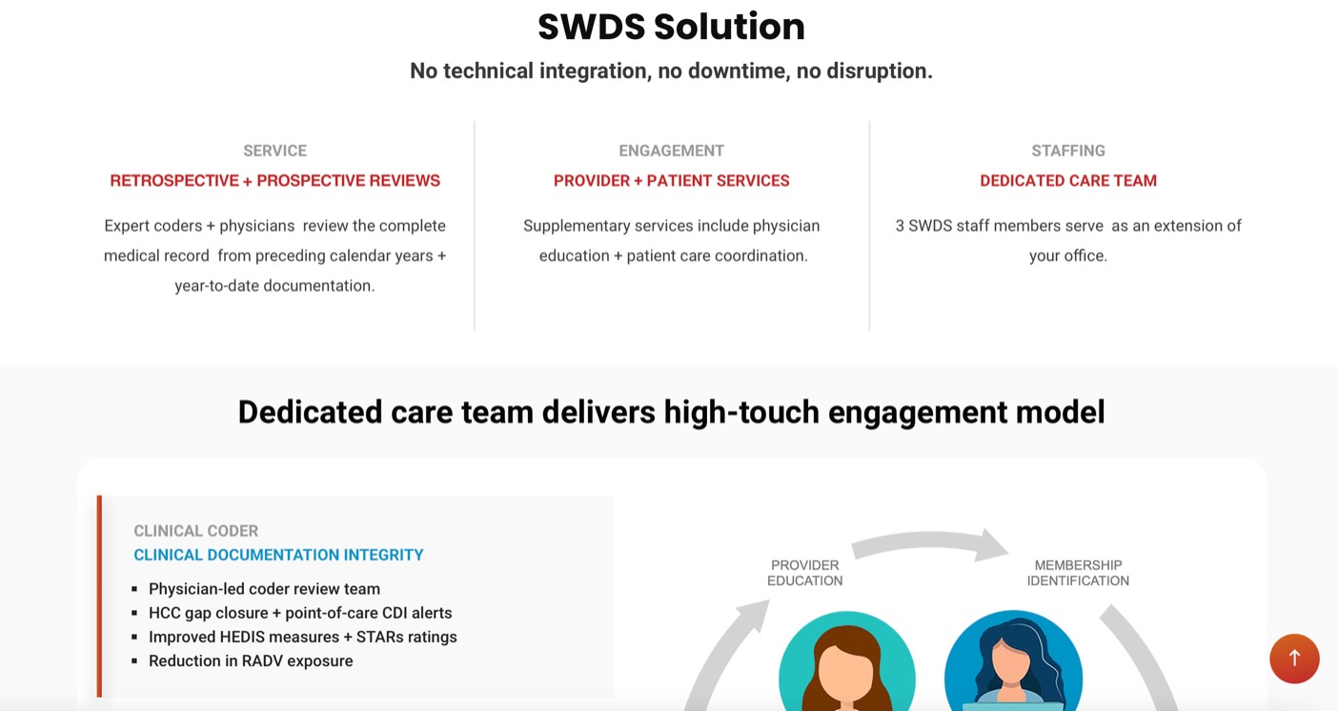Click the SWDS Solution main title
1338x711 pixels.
[672, 27]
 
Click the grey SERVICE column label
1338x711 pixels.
[274, 151]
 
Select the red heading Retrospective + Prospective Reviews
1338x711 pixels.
[274, 180]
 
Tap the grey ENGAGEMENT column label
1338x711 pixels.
[672, 151]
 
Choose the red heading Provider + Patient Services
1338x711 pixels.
[672, 180]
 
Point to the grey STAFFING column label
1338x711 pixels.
[1068, 151]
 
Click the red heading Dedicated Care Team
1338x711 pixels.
[1068, 180]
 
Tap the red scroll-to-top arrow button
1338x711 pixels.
[1294, 659]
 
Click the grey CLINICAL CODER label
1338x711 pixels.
[196, 531]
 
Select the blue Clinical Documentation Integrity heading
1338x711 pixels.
[278, 555]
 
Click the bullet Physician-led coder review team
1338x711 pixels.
[264, 588]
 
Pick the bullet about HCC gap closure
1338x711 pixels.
[300, 613]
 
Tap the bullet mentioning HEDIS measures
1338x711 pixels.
[303, 637]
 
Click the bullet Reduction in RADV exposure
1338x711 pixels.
[251, 660]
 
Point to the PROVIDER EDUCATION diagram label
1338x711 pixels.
[804, 573]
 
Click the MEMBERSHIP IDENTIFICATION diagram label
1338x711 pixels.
[1078, 573]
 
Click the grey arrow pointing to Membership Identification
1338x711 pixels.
[929, 538]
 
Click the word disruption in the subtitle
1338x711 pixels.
[880, 71]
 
